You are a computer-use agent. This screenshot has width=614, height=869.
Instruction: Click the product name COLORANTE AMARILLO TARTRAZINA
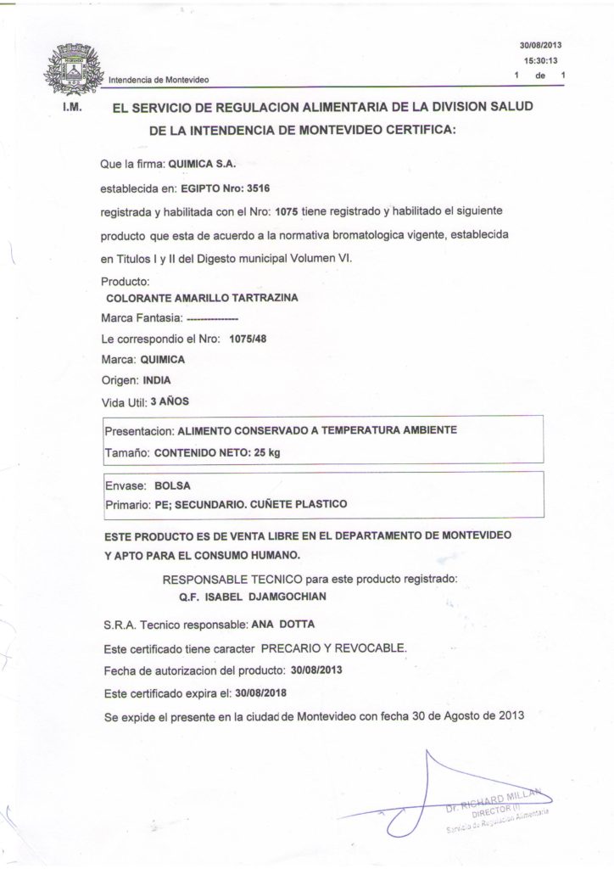click(x=201, y=298)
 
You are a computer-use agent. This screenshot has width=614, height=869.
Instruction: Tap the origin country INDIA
click(x=157, y=379)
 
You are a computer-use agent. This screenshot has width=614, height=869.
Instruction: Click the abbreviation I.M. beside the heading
click(x=71, y=109)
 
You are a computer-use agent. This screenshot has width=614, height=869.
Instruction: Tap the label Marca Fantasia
click(x=140, y=318)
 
